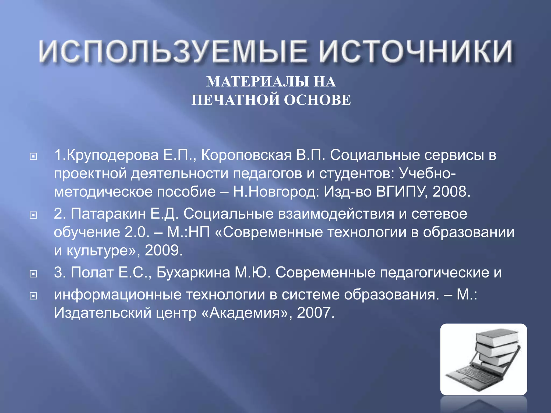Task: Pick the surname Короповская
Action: pos(246,155)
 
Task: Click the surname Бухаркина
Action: pos(193,273)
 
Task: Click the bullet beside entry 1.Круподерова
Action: pos(33,156)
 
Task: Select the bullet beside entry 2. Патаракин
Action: pos(33,215)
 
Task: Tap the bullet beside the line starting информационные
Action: pos(33,296)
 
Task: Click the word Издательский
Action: pos(103,313)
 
